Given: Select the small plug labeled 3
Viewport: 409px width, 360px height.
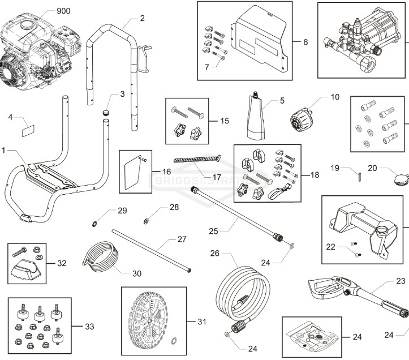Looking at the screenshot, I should click(104, 113).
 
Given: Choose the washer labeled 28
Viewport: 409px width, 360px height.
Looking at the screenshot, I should click(147, 219).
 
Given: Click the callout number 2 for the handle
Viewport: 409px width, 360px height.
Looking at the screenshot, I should click(141, 18).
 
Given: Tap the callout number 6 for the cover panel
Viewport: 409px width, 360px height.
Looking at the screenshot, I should click(305, 42).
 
